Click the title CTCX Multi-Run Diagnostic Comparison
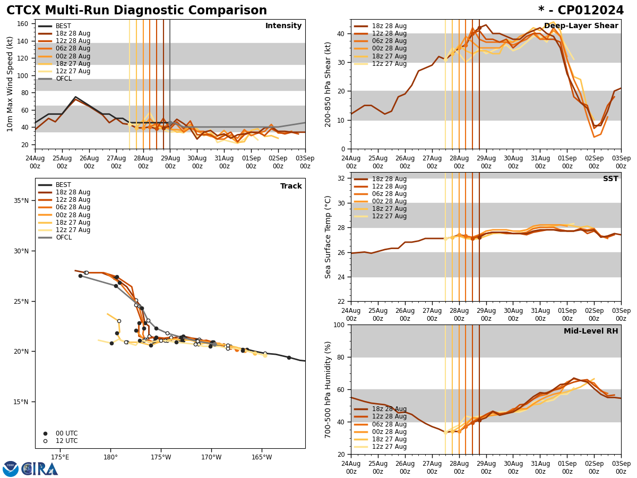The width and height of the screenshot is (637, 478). [x=136, y=11]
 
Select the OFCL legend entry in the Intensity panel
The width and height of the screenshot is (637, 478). [x=63, y=79]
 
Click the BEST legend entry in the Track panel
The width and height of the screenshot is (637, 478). [x=63, y=185]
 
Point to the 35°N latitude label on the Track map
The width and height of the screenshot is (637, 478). [x=21, y=201]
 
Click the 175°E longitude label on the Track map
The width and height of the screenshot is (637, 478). [x=60, y=457]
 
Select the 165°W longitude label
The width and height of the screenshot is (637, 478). [x=262, y=457]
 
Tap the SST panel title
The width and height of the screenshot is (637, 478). [x=610, y=179]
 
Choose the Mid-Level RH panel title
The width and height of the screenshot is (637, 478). [x=591, y=331]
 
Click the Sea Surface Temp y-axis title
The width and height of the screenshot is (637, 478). [x=328, y=237]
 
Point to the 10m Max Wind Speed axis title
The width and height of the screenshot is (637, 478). [x=11, y=84]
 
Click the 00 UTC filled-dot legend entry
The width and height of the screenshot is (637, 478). [x=59, y=433]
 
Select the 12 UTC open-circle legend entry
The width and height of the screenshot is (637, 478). [x=59, y=441]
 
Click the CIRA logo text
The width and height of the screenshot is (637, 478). [x=40, y=469]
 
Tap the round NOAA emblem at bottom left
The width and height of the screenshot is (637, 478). [x=11, y=469]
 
